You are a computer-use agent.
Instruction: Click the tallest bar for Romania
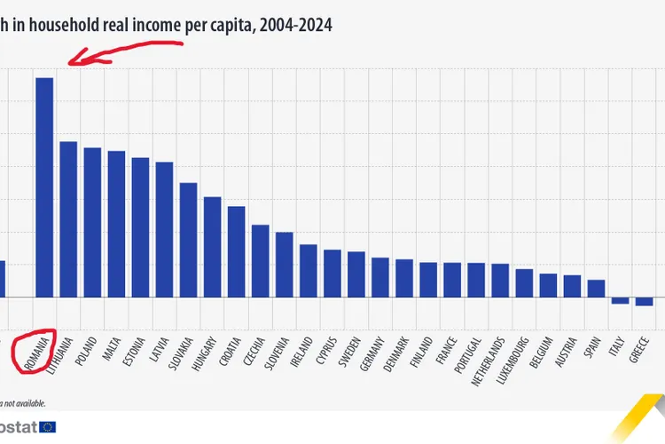pyautogui.click(x=44, y=186)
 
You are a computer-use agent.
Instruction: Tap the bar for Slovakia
pyautogui.click(x=188, y=240)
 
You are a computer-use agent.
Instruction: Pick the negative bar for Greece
pyautogui.click(x=644, y=302)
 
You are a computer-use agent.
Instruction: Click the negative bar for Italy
pyautogui.click(x=620, y=301)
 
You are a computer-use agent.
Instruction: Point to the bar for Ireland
pyautogui.click(x=308, y=271)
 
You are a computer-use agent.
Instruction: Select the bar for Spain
pyautogui.click(x=596, y=289)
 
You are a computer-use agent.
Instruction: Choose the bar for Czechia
pyautogui.click(x=260, y=261)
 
